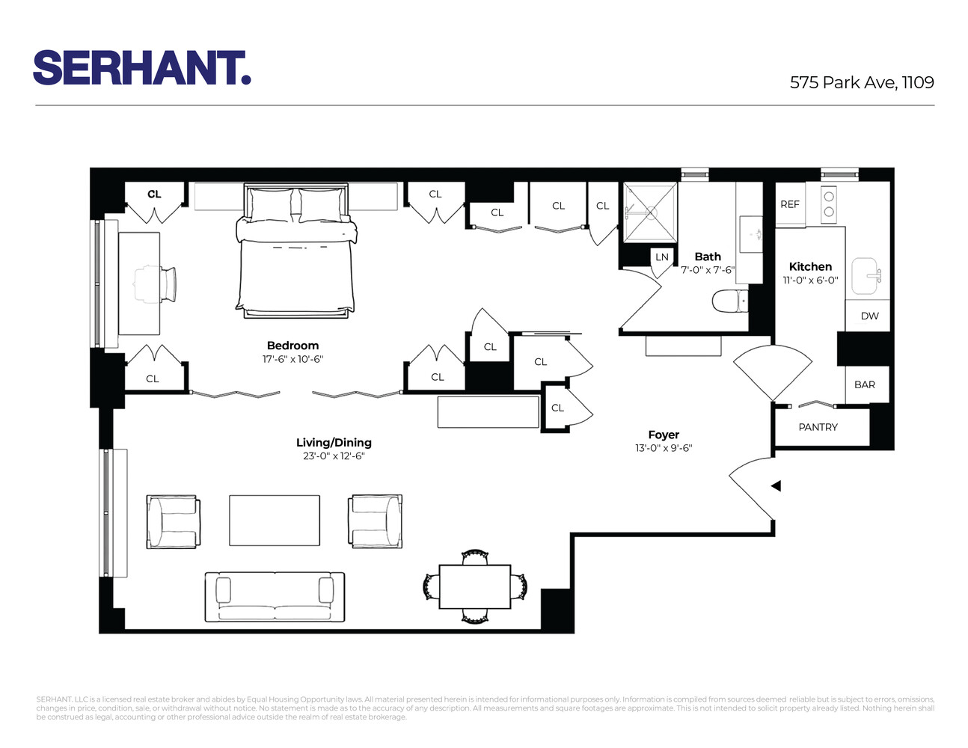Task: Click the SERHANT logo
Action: (141, 68)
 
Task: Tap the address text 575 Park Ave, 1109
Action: (862, 82)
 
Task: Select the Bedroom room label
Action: (292, 346)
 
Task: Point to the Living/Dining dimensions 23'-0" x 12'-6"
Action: (334, 456)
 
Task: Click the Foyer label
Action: (664, 435)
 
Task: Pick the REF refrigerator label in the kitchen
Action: (790, 204)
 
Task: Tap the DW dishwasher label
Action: (869, 316)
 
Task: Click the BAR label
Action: (864, 384)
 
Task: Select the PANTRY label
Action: (818, 427)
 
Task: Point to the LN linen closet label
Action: (662, 257)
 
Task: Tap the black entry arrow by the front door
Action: (776, 485)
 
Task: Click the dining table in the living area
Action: (474, 587)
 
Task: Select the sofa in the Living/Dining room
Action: (275, 597)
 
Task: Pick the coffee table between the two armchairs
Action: (275, 520)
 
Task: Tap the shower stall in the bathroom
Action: (650, 212)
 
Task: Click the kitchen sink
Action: (866, 276)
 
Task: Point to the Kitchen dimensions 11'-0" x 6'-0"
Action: (810, 280)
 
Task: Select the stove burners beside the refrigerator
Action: (828, 204)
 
